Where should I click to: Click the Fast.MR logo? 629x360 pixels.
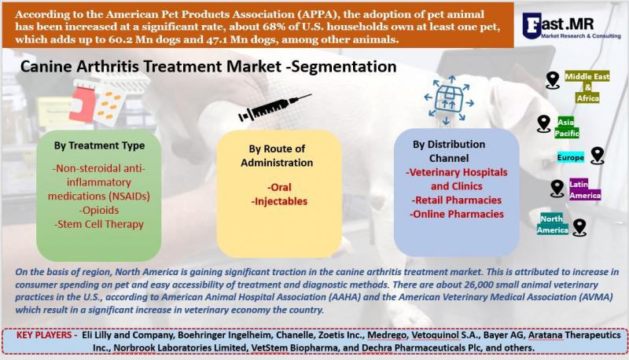(x=572, y=26)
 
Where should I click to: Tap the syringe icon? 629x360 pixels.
(x=274, y=108)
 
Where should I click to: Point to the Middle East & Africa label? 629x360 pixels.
(x=587, y=87)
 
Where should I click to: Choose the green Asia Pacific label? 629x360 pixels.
(x=566, y=127)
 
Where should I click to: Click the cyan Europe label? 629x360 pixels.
(x=571, y=157)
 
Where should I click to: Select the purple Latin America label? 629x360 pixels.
(x=585, y=189)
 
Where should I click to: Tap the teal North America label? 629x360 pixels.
(x=553, y=224)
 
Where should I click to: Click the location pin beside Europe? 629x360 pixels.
(x=598, y=155)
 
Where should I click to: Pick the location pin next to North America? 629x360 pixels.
(x=579, y=227)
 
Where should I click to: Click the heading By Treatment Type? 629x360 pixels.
(x=100, y=145)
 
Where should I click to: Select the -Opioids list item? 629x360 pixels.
(x=99, y=210)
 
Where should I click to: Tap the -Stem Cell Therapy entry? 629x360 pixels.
(x=99, y=224)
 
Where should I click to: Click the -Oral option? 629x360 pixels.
(x=279, y=187)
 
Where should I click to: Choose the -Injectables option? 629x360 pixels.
(x=279, y=201)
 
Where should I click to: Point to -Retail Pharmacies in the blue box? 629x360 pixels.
(x=457, y=200)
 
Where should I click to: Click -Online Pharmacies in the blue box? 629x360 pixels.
(x=457, y=214)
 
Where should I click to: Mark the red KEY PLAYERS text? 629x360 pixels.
(x=47, y=335)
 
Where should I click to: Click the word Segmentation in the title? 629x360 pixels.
(x=344, y=67)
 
